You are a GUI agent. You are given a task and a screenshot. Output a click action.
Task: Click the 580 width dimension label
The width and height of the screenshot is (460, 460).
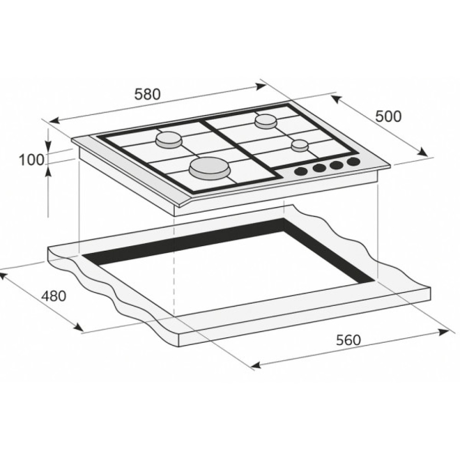(147, 94)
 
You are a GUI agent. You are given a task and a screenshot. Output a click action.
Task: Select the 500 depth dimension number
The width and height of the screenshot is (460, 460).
(388, 116)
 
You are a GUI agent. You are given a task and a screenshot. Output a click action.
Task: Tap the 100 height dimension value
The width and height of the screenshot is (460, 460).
(31, 160)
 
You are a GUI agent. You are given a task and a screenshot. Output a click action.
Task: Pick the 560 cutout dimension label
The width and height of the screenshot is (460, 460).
(348, 340)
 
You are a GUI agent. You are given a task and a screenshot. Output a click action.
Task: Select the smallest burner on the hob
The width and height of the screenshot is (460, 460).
(299, 145)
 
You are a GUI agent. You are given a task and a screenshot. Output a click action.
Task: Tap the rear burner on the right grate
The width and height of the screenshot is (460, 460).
(266, 121)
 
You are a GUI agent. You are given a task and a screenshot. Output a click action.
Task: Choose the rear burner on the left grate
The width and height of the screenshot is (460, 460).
(169, 139)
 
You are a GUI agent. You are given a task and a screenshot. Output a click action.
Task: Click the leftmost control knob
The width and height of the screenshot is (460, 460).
(301, 172)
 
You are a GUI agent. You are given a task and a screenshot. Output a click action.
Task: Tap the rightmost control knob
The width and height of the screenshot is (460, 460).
(353, 162)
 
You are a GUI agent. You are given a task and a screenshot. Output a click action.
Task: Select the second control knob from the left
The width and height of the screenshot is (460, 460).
(319, 168)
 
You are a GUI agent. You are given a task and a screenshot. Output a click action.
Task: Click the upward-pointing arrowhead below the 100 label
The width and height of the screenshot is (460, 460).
(48, 170)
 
